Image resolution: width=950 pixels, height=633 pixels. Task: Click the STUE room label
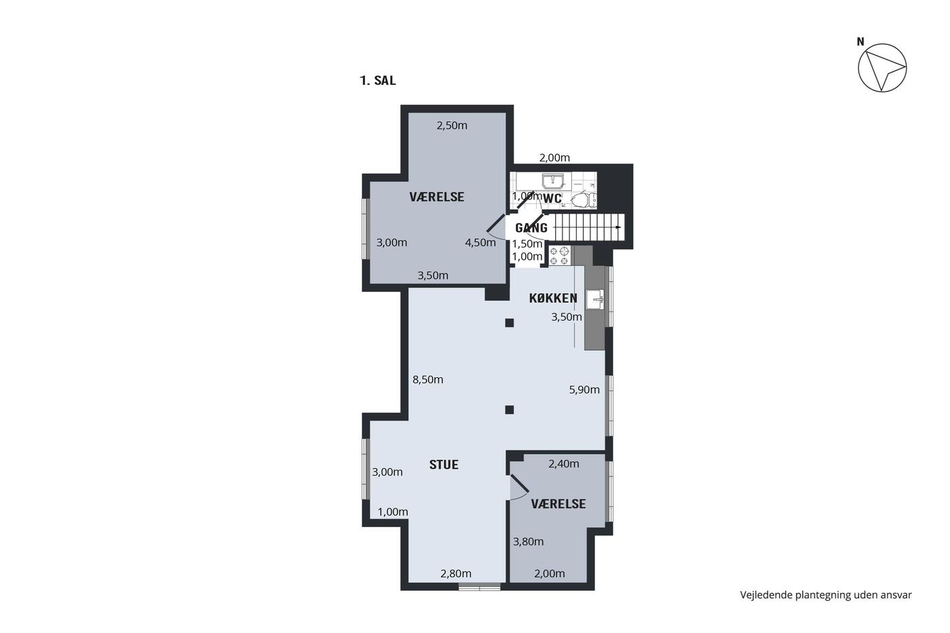click(x=444, y=465)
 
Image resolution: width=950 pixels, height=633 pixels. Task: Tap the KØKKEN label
click(x=553, y=299)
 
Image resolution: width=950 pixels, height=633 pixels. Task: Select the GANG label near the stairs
click(x=531, y=228)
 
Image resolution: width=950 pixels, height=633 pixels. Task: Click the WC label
click(x=552, y=198)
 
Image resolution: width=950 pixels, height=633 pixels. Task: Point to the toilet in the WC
click(x=584, y=199)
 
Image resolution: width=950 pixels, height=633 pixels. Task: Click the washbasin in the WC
click(x=552, y=181)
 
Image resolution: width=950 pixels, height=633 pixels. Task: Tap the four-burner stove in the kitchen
click(x=559, y=256)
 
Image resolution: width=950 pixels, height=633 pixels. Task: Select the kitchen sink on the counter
click(x=595, y=300)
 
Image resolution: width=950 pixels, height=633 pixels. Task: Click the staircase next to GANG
click(x=590, y=227)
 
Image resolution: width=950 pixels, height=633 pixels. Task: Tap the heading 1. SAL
click(x=377, y=81)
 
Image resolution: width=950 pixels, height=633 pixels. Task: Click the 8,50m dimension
click(x=427, y=379)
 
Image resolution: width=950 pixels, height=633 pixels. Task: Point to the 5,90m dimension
click(x=584, y=389)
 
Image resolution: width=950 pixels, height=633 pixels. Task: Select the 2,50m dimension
click(x=452, y=126)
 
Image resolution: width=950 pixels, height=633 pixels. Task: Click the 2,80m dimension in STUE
click(x=456, y=574)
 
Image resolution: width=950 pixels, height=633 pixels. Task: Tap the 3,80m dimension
click(x=528, y=541)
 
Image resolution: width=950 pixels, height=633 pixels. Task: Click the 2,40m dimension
click(x=564, y=464)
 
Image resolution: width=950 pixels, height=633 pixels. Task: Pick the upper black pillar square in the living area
click(x=510, y=323)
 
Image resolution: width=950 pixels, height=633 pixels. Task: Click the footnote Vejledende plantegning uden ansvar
click(x=826, y=595)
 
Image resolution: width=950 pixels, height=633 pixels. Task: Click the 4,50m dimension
click(x=480, y=242)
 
